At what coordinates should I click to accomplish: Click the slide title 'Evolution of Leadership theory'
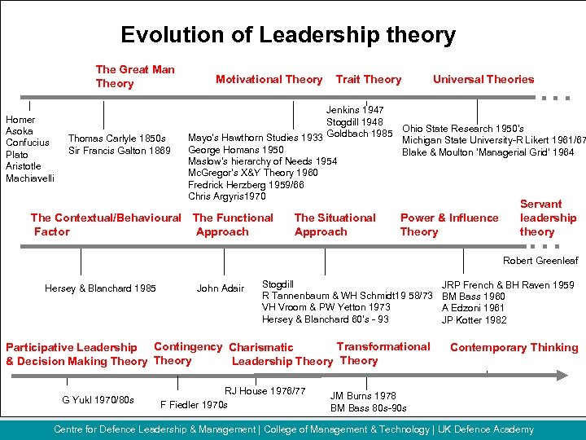288,35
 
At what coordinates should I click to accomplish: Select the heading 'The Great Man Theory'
135,77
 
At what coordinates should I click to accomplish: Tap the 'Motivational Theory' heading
269,79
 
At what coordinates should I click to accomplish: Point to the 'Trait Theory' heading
369,79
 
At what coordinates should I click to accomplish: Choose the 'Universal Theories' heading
483,79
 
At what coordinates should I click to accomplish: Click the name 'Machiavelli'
30,178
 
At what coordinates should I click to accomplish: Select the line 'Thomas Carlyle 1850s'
117,139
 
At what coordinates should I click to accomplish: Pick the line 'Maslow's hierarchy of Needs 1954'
262,161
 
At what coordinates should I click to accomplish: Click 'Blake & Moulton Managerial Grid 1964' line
488,152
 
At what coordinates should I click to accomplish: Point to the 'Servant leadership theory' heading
548,218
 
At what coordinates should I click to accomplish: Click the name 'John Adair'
221,288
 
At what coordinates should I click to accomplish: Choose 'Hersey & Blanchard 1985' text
100,288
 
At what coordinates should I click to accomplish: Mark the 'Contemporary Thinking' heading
514,347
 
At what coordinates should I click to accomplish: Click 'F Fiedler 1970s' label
195,404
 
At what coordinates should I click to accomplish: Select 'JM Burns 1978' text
363,396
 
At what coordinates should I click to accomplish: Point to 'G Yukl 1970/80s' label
98,399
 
